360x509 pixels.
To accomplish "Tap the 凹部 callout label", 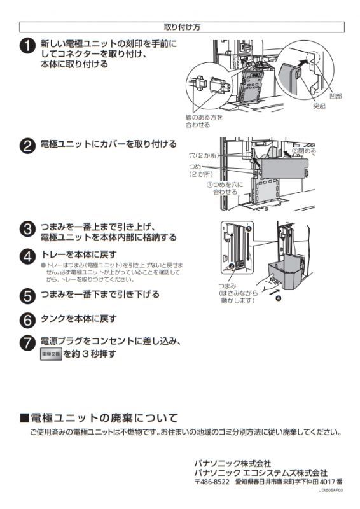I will tap(335, 95).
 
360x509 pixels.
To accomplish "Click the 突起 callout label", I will tap(318, 106).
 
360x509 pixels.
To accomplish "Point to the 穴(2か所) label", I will tap(202, 155).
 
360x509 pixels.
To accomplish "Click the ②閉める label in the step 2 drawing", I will tap(303, 151).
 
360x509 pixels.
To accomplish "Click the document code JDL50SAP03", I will tap(331, 491).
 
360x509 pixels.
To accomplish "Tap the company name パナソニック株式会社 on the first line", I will tap(232, 463).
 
